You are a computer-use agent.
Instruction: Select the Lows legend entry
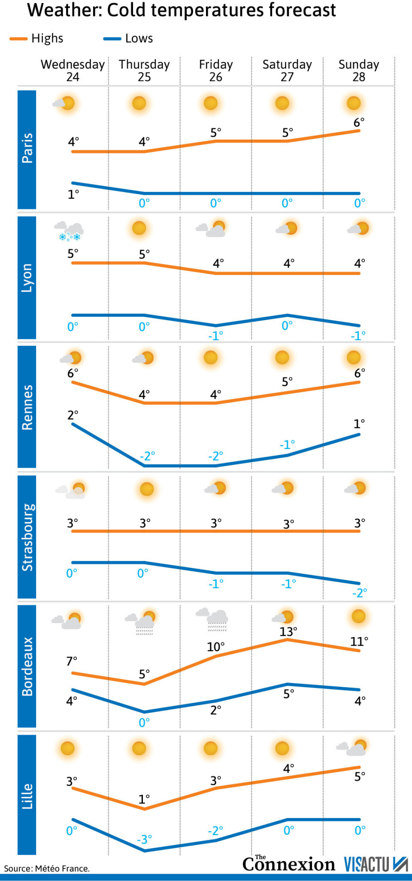(x=129, y=39)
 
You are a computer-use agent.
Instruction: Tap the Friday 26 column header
(x=215, y=70)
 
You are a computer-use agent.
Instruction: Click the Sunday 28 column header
(x=359, y=70)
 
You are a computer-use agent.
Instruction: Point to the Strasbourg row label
(x=27, y=537)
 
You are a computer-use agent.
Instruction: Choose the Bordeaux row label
(x=27, y=666)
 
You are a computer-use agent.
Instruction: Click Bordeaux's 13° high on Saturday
(x=288, y=632)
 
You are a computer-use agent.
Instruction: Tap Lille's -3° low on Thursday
(x=144, y=839)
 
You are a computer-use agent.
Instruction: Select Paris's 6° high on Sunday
(x=359, y=123)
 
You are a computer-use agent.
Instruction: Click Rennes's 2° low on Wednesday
(x=73, y=415)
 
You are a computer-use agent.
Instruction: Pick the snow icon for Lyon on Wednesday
(x=69, y=231)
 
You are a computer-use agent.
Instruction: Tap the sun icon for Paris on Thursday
(x=139, y=103)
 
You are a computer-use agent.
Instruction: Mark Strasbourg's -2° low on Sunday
(x=359, y=593)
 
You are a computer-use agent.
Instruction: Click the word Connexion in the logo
(x=288, y=864)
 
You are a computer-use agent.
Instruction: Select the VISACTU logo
(x=376, y=864)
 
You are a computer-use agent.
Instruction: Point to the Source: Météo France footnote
(x=47, y=869)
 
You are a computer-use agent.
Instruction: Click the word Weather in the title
(x=64, y=10)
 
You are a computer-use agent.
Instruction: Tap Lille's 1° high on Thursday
(x=144, y=799)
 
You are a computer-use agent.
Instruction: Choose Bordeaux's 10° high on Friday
(x=215, y=647)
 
